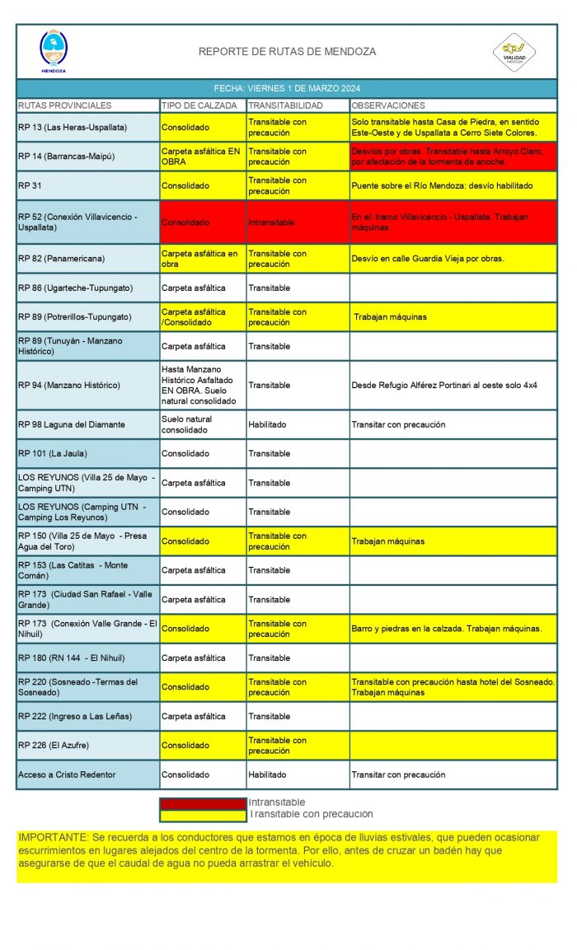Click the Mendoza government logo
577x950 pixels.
(x=54, y=50)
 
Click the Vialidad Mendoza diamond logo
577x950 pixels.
(x=514, y=52)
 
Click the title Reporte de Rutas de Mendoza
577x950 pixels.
(x=287, y=52)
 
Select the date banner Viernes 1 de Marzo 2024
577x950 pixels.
(x=287, y=88)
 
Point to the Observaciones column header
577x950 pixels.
(x=388, y=105)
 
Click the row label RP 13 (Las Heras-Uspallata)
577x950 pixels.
(x=73, y=128)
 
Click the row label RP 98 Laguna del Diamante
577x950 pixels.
(x=72, y=424)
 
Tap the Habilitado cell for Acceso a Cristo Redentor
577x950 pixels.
(x=267, y=775)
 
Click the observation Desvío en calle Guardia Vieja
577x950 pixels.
(x=427, y=259)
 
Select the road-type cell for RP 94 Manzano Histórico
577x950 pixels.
(x=201, y=385)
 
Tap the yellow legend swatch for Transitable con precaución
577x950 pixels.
(x=203, y=815)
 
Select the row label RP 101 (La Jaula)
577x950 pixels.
(x=53, y=454)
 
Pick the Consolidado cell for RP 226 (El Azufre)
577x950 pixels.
(x=185, y=746)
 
